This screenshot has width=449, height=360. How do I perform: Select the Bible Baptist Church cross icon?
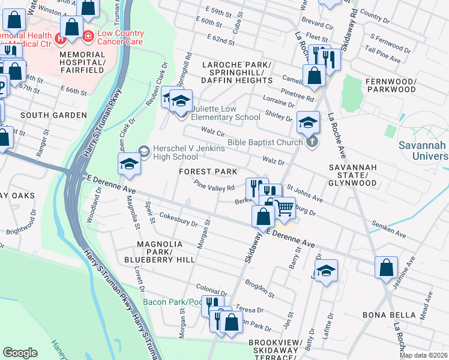click(311, 142)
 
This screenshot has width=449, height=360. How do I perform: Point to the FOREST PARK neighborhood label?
click(208, 172)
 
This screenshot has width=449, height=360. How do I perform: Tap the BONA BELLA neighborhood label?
click(389, 314)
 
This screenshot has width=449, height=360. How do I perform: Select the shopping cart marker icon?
click(285, 208)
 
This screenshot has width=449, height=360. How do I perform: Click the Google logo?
click(20, 352)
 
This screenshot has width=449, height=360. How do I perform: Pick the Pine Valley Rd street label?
click(214, 187)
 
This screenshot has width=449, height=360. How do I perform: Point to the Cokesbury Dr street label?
click(179, 223)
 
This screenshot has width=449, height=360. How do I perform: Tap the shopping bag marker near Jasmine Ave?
click(387, 267)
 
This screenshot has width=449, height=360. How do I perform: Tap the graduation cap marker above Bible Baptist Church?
click(307, 124)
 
